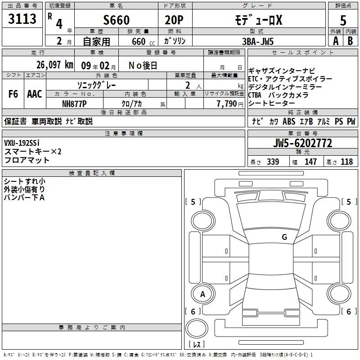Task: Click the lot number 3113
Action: (x=22, y=19)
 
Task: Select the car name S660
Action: (x=117, y=20)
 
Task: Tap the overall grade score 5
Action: (x=343, y=21)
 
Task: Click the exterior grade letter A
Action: (x=336, y=41)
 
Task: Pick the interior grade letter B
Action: (x=350, y=41)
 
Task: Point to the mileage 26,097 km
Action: (x=55, y=65)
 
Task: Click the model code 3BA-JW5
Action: (x=258, y=41)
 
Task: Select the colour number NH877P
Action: (x=74, y=104)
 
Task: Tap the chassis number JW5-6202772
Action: (x=302, y=143)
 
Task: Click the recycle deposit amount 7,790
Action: (x=227, y=104)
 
